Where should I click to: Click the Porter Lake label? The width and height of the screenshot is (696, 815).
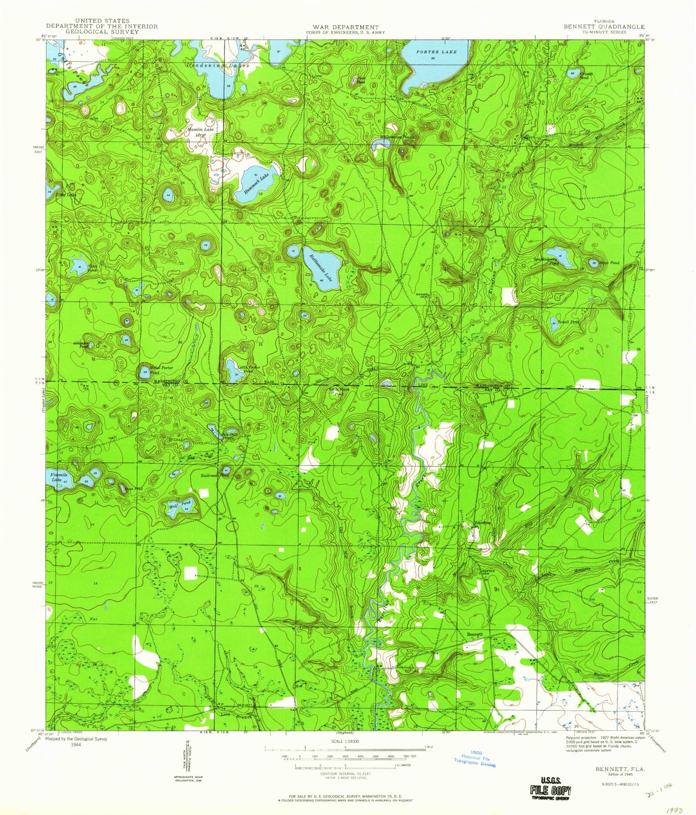436,52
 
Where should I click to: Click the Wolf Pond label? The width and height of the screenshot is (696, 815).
180,504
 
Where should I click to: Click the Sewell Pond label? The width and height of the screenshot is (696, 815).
568,322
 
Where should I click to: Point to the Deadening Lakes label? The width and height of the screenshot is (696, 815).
218,65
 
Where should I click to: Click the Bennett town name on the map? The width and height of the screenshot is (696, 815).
474,634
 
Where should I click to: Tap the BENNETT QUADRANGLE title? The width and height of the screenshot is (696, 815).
604,27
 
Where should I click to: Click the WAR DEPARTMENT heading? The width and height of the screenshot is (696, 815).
345,27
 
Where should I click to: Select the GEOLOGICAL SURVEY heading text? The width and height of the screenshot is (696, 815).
102,32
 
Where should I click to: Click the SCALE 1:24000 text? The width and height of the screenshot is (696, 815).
345,742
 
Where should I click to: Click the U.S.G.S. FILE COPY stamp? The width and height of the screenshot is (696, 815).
549,790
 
